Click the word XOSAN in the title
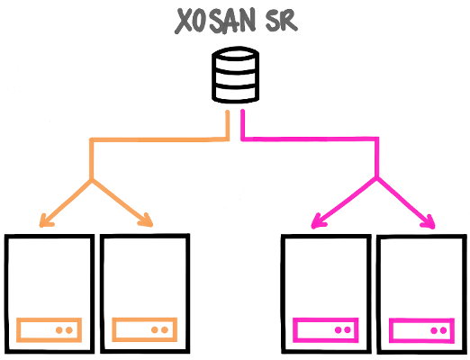coord(215,21)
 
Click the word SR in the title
coord(281,22)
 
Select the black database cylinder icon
coord(235,75)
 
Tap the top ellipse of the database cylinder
coord(235,54)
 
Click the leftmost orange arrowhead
coord(46,220)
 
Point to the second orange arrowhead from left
coord(147,220)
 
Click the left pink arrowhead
coord(318,221)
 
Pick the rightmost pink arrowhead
coord(429,222)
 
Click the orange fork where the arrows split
coord(92,180)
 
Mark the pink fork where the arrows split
coord(376,177)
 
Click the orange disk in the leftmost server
coord(49,330)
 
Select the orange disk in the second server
coord(144,329)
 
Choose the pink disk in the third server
coord(326,330)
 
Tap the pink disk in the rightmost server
coord(421,330)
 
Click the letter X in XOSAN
coord(183,21)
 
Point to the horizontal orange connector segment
coord(159,139)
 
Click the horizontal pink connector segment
coord(310,139)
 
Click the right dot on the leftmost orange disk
coord(69,330)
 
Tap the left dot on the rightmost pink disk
coord(434,330)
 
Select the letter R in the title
coord(289,22)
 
